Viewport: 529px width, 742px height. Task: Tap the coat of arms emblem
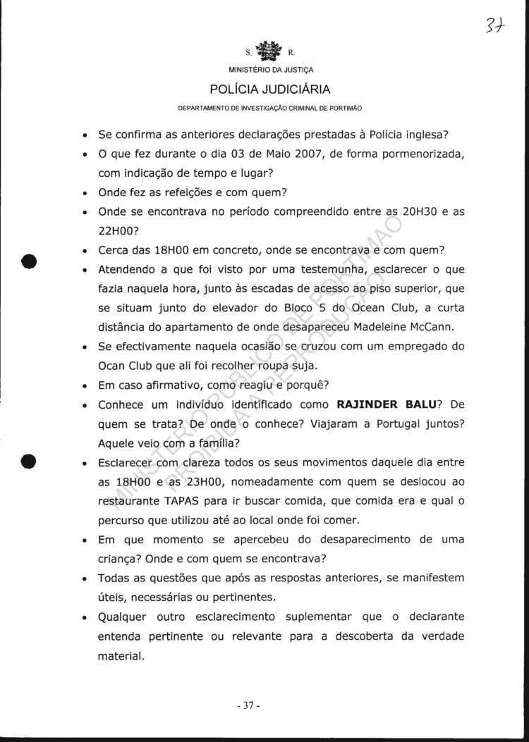[x=270, y=51]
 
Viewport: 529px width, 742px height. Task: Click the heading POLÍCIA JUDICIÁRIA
[x=270, y=89]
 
